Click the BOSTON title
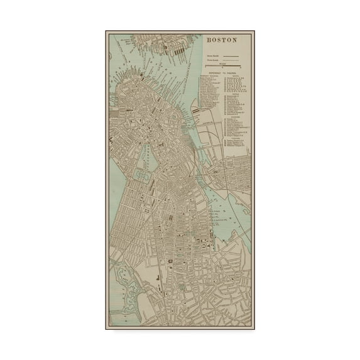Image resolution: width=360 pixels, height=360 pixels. point(222,40)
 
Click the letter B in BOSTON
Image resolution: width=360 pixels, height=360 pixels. point(209,40)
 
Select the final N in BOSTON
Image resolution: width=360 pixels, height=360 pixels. point(235,40)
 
